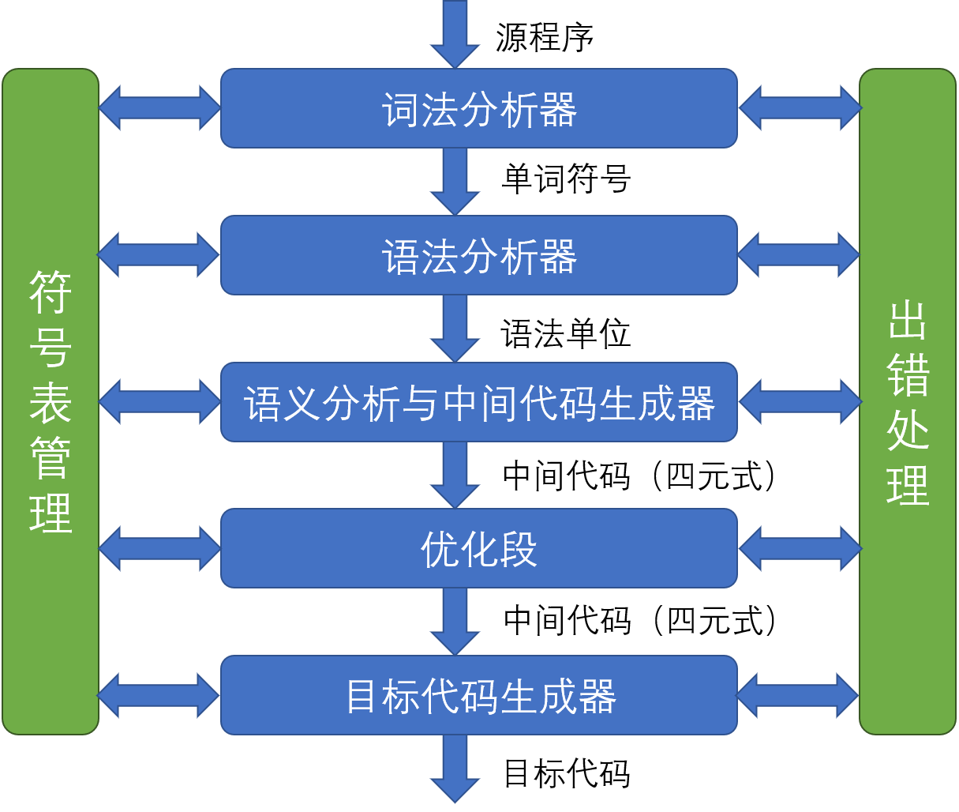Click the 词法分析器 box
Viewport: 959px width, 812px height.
click(478, 108)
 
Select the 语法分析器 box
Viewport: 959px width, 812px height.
click(478, 255)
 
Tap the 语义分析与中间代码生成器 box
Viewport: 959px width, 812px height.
click(478, 402)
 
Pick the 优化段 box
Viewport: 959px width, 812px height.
click(478, 548)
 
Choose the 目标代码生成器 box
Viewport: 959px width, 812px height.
click(478, 695)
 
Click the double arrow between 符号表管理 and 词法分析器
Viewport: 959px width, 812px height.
click(159, 108)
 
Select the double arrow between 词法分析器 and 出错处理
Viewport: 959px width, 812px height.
click(799, 108)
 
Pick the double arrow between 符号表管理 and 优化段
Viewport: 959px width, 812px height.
click(159, 548)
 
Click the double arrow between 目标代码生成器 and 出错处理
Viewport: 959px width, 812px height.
click(797, 695)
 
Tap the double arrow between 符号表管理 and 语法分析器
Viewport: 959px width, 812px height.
click(158, 255)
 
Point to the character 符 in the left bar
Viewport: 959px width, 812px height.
click(51, 291)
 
